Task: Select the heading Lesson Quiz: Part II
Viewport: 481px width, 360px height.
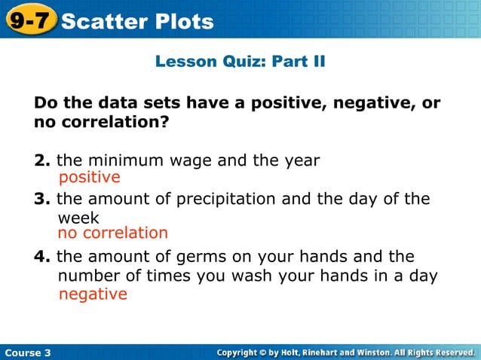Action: (240, 61)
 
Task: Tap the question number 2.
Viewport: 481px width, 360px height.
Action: (41, 160)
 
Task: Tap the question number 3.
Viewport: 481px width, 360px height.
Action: (41, 199)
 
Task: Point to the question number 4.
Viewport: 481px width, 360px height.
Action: (41, 256)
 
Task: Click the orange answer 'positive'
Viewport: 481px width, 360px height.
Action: (89, 178)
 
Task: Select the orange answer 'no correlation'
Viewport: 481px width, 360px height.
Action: (112, 233)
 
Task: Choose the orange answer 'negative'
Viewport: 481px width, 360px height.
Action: (93, 294)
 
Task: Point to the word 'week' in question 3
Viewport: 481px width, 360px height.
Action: (78, 218)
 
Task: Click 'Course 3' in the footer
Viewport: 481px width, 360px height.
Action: (27, 352)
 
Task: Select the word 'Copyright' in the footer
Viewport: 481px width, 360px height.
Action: (245, 352)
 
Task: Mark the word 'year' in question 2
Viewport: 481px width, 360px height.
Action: (301, 161)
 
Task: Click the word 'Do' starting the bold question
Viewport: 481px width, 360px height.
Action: (44, 102)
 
